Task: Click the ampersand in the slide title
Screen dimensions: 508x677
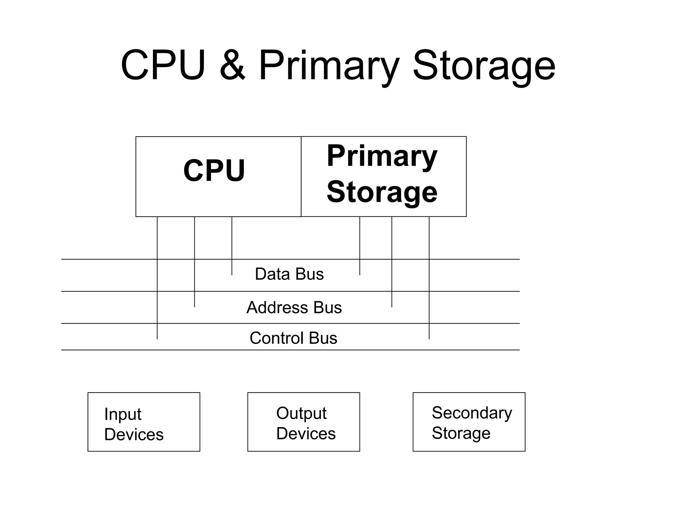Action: pos(232,65)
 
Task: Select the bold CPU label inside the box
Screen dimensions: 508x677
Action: pos(214,171)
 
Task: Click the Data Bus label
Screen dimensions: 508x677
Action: pos(289,274)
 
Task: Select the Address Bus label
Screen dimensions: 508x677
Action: pos(294,308)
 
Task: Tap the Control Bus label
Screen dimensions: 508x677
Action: pos(293,338)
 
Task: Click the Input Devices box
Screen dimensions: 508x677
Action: pos(144,422)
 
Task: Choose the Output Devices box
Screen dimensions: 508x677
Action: pos(303,422)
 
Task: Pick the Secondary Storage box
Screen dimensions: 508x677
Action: pos(469,422)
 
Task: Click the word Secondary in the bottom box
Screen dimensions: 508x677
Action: pos(472,413)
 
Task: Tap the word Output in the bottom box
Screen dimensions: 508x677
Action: pos(301,413)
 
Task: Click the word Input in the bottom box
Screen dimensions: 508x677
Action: pos(123,414)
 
